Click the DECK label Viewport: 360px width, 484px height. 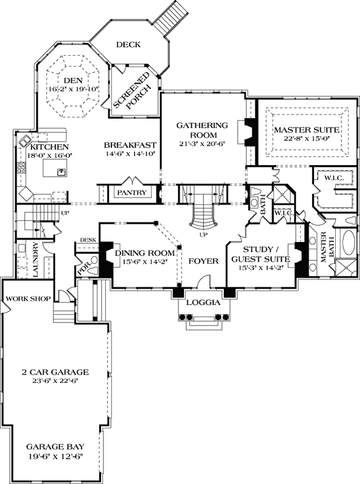click(x=128, y=44)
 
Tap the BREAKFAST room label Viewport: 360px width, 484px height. click(x=130, y=145)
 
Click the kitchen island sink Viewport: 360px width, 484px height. click(x=61, y=173)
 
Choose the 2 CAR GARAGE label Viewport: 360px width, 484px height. click(x=54, y=371)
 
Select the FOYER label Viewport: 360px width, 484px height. click(x=199, y=262)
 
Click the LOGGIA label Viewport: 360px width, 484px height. click(x=201, y=302)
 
